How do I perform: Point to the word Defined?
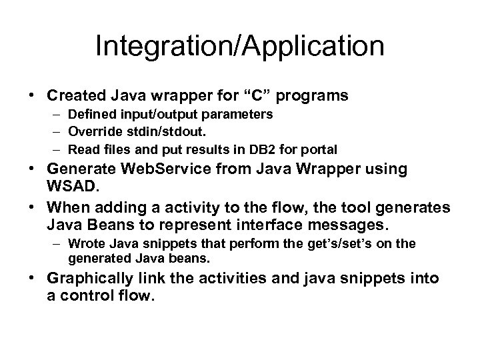pyautogui.click(x=91, y=115)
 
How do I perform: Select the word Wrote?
pyautogui.click(x=85, y=243)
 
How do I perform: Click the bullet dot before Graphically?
pyautogui.click(x=32, y=279)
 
